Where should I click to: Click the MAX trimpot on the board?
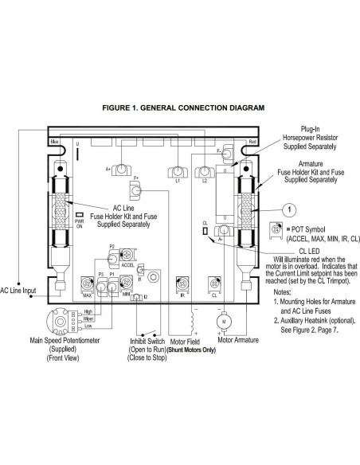click(x=87, y=283)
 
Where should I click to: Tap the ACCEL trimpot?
click(x=124, y=256)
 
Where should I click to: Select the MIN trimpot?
click(x=125, y=283)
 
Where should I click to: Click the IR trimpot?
click(x=182, y=283)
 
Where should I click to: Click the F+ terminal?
click(x=137, y=191)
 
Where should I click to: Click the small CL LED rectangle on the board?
click(x=205, y=232)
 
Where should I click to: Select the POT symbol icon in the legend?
click(x=277, y=229)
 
